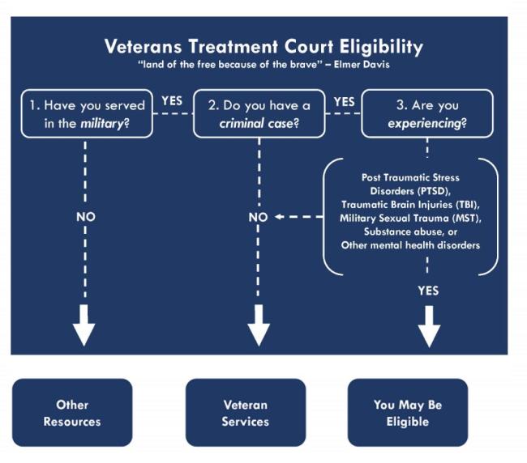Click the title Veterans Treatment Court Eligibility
click(x=263, y=46)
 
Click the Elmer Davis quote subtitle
click(x=263, y=65)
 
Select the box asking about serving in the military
click(x=86, y=113)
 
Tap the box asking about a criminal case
click(x=259, y=113)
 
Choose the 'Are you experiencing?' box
click(x=427, y=113)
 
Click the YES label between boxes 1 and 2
click(x=172, y=102)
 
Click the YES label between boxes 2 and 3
click(x=345, y=102)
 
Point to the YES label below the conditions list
click(x=428, y=291)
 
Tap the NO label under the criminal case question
click(x=258, y=218)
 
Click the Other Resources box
click(x=72, y=413)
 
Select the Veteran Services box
click(x=246, y=413)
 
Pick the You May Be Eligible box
click(x=408, y=413)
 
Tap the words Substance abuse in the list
click(x=405, y=232)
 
